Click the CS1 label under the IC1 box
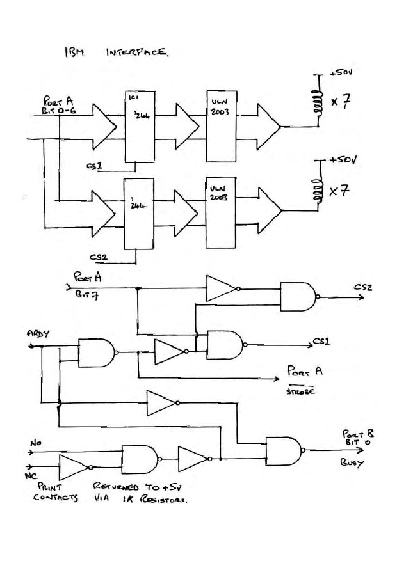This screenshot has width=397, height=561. (x=94, y=166)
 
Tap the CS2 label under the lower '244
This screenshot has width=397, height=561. (x=98, y=258)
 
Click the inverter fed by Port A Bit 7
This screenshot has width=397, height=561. (x=222, y=288)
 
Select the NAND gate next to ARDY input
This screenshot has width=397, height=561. (x=96, y=352)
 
